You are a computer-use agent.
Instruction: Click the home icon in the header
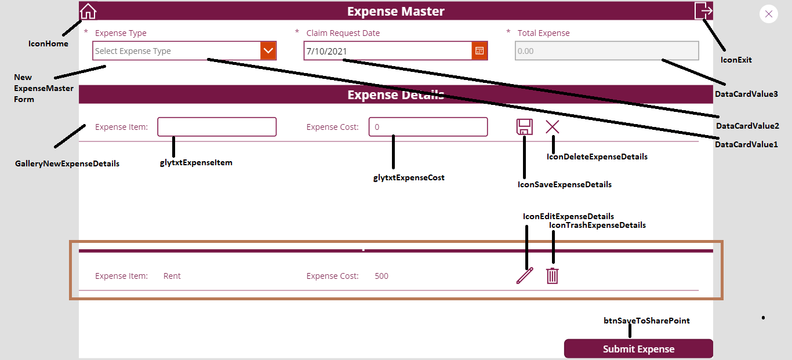tap(88, 11)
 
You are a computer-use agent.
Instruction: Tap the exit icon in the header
tap(703, 10)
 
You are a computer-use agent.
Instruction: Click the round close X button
tap(769, 14)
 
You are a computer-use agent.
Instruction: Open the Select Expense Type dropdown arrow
tap(268, 50)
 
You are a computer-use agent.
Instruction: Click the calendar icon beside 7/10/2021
tap(479, 50)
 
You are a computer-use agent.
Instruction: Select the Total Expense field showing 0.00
tap(606, 50)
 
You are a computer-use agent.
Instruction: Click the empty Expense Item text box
tap(217, 126)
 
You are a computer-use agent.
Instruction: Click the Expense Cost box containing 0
tap(428, 126)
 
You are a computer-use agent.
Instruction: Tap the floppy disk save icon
tap(524, 126)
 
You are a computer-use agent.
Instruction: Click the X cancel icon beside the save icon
tap(553, 126)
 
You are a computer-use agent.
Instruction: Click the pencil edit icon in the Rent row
tap(525, 276)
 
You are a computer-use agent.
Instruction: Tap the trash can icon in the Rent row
tap(553, 276)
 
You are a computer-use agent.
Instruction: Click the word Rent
tap(172, 276)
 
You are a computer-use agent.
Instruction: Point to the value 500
tap(382, 276)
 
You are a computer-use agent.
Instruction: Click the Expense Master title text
tap(395, 11)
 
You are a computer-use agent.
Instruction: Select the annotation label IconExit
tap(736, 60)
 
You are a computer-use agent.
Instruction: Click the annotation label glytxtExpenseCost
tap(409, 177)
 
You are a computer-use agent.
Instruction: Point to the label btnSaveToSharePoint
tap(646, 321)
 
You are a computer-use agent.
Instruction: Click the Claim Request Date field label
tap(343, 33)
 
